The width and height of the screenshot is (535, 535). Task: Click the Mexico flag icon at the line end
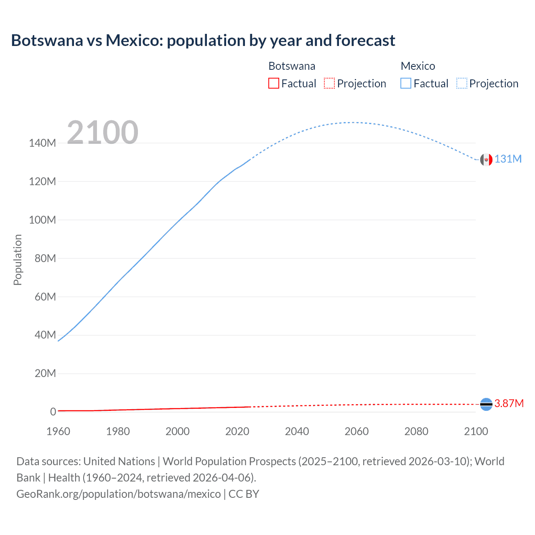point(486,160)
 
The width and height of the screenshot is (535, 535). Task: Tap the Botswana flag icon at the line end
point(486,404)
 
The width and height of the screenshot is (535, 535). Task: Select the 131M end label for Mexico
point(508,159)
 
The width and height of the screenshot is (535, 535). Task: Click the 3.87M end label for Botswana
point(509,403)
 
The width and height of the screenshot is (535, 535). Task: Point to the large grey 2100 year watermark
point(102,132)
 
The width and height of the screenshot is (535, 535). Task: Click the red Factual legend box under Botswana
point(274,84)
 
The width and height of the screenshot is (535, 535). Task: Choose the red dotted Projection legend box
point(329,84)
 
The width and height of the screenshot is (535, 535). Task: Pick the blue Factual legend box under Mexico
point(406,84)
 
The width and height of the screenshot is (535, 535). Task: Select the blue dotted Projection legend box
point(462,84)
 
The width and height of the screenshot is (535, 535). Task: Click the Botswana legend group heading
point(292,66)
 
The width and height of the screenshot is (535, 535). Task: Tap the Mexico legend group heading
point(418,66)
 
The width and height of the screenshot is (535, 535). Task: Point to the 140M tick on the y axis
point(42,143)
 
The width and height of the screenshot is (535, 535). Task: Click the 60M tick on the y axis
point(45,297)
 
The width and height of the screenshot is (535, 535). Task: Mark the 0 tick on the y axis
point(53,412)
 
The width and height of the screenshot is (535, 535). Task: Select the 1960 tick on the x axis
point(58,431)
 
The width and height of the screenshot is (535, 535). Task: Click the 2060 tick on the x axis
point(357,431)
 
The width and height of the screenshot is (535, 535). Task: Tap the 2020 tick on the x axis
point(237,431)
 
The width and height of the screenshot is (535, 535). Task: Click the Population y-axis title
point(18,260)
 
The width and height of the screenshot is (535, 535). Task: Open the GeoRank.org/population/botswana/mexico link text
point(119,494)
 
